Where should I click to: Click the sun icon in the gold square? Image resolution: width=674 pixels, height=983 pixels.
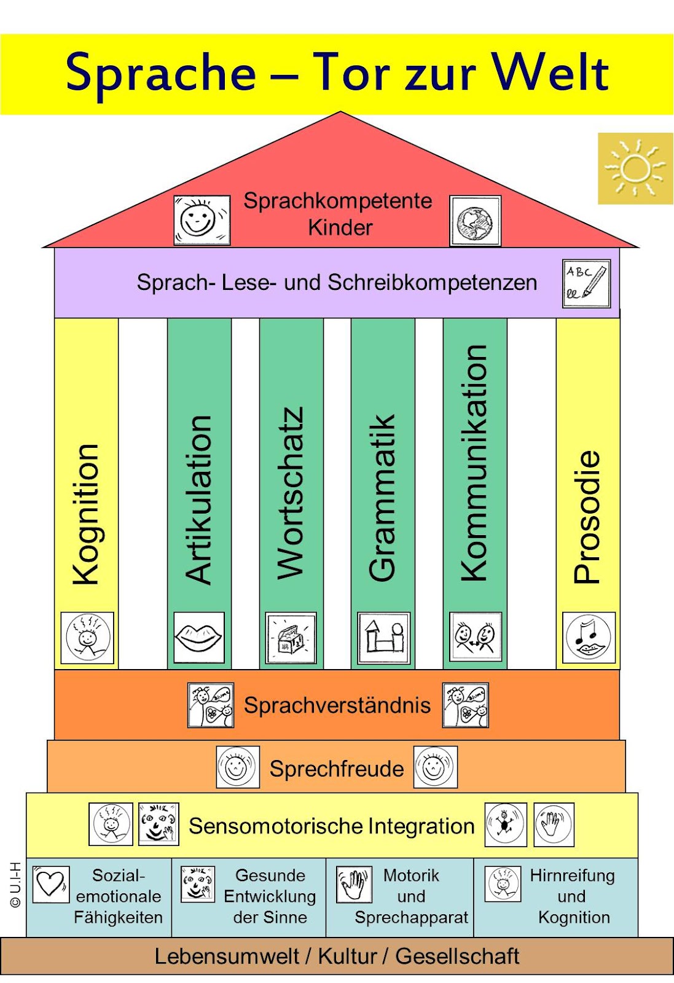click(x=635, y=168)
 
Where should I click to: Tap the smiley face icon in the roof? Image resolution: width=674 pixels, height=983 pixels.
click(x=202, y=220)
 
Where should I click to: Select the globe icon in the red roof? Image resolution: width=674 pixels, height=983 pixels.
click(x=475, y=221)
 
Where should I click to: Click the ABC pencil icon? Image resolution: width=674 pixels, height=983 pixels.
click(x=586, y=283)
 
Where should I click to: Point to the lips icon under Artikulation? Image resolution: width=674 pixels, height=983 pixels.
click(x=198, y=637)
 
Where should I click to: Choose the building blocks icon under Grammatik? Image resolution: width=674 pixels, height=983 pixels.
click(x=383, y=638)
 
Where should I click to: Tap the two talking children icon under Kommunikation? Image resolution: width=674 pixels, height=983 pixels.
click(x=475, y=636)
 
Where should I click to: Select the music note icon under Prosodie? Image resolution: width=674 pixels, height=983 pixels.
click(x=589, y=637)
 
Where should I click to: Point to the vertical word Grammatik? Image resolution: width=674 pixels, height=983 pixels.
click(x=382, y=498)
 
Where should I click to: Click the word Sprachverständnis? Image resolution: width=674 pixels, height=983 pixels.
click(x=337, y=705)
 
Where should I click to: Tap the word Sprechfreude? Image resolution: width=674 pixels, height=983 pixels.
click(x=337, y=769)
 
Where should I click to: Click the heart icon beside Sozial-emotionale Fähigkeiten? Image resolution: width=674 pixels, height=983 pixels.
click(x=50, y=884)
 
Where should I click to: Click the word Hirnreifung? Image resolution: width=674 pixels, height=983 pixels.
click(x=572, y=875)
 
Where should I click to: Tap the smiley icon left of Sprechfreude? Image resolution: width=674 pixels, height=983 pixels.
click(x=237, y=767)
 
